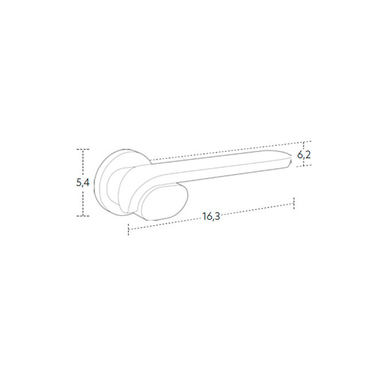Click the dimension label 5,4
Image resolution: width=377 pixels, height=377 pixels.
pos(83,183)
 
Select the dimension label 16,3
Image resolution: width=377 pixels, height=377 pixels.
pos(211,217)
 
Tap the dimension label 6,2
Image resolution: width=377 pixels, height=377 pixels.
pos(304,155)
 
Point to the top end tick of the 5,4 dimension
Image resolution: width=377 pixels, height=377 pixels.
pos(83,149)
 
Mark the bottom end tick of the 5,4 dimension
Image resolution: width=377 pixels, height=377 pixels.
pos(83,216)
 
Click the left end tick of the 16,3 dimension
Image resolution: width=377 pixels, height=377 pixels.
pos(129,229)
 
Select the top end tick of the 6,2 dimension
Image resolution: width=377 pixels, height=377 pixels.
pos(304,142)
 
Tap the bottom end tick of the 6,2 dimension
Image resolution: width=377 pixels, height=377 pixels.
pos(304,166)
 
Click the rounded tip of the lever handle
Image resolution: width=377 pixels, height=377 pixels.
pos(290,159)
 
